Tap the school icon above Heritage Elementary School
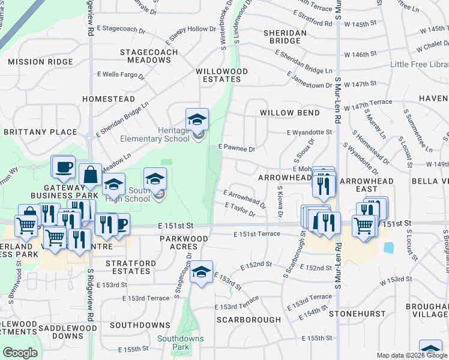pos(197,119)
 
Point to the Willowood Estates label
pos(221,75)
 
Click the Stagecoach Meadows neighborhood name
pos(149,56)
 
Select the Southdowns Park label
pos(180,343)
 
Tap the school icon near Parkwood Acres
pos(202,271)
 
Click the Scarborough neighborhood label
pos(249,320)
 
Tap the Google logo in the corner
pos(20,353)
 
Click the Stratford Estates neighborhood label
pos(130,268)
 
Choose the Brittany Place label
pos(40,132)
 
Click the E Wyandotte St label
pos(309,132)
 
